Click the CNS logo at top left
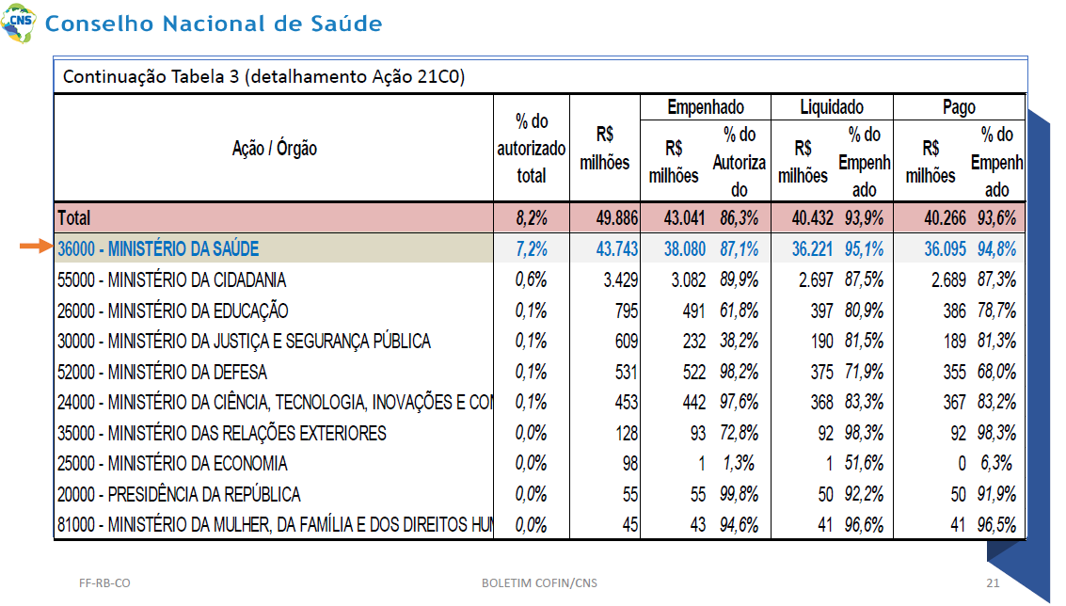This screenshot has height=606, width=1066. pos(19,23)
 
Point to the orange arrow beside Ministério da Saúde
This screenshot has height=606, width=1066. pos(37,247)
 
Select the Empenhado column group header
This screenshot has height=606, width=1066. pos(705,107)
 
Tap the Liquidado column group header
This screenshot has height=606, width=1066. pos(832,107)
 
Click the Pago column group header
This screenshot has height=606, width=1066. pos(959,107)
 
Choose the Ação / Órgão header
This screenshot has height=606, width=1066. pos(274,149)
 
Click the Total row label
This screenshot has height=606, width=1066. pos(73,218)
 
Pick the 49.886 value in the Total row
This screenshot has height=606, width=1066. pos(616,218)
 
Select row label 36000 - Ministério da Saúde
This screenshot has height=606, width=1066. pos(158,249)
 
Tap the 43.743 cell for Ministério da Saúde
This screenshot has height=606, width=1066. pos(616,249)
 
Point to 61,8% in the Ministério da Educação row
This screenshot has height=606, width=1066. pos(739,311)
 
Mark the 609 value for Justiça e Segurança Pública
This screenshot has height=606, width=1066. pos(626,341)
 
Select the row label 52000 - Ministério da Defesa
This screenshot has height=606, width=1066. pos(162,372)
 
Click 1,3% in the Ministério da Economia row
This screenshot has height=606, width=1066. pos(739,464)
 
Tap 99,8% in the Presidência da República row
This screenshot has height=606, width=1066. pos(739,494)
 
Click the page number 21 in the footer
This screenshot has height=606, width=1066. pos(993,582)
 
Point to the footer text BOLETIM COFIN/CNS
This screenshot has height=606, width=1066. pos(539,582)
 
